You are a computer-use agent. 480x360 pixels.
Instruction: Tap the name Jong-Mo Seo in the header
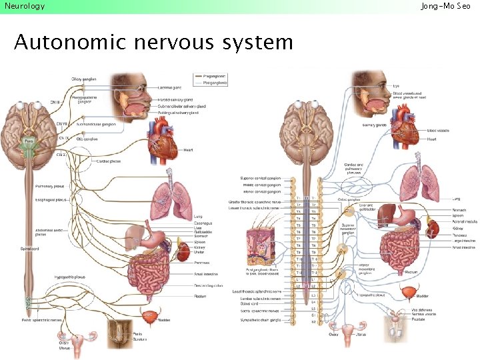[x=449, y=6]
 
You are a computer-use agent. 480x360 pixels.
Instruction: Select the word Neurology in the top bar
[x=24, y=6]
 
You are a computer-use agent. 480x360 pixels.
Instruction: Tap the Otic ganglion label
[x=87, y=139]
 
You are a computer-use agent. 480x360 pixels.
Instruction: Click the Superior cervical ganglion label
[x=261, y=178]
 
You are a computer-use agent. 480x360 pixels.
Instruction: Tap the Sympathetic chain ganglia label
[x=261, y=321]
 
